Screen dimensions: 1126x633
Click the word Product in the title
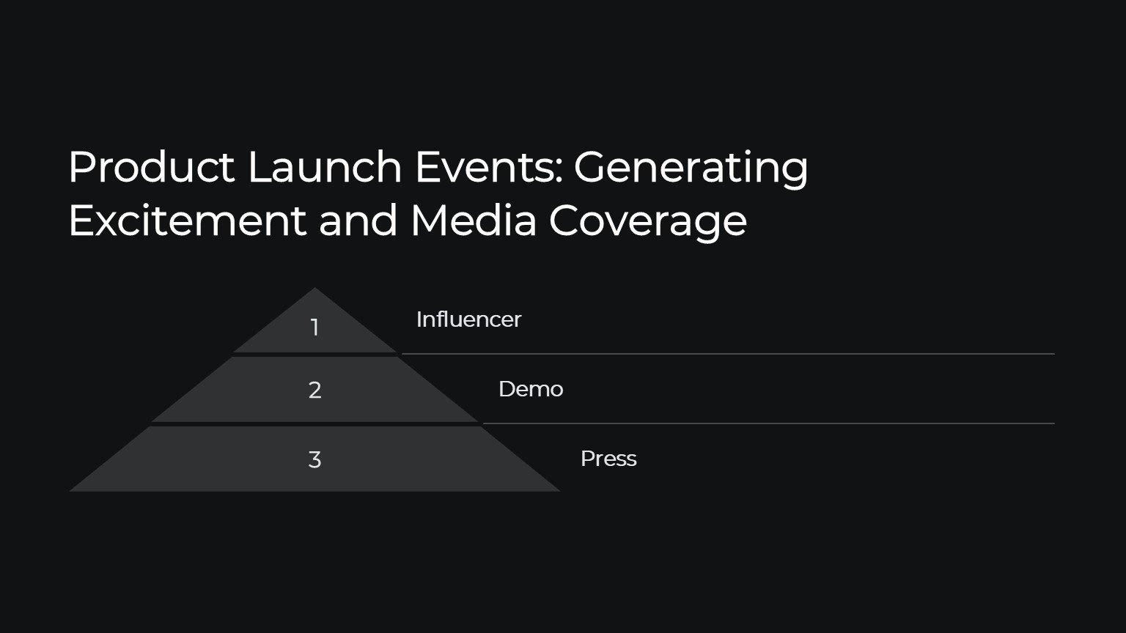click(x=151, y=167)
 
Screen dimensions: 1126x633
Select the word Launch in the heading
click(x=325, y=167)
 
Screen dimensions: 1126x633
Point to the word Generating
click(x=691, y=170)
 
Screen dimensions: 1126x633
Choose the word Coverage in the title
click(x=648, y=223)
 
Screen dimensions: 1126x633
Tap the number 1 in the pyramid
click(x=314, y=327)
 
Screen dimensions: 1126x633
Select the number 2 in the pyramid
click(x=314, y=390)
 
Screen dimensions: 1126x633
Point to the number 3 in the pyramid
click(x=314, y=459)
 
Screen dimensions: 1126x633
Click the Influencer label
click(x=468, y=319)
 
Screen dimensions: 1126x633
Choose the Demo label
click(x=531, y=389)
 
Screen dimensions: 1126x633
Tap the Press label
click(x=608, y=459)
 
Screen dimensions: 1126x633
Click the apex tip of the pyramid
click(x=314, y=288)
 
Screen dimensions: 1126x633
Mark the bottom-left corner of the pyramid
click(x=70, y=491)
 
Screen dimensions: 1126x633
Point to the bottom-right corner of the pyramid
click(x=560, y=491)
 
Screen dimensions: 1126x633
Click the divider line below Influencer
click(x=728, y=354)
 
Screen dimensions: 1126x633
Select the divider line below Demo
click(x=768, y=423)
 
